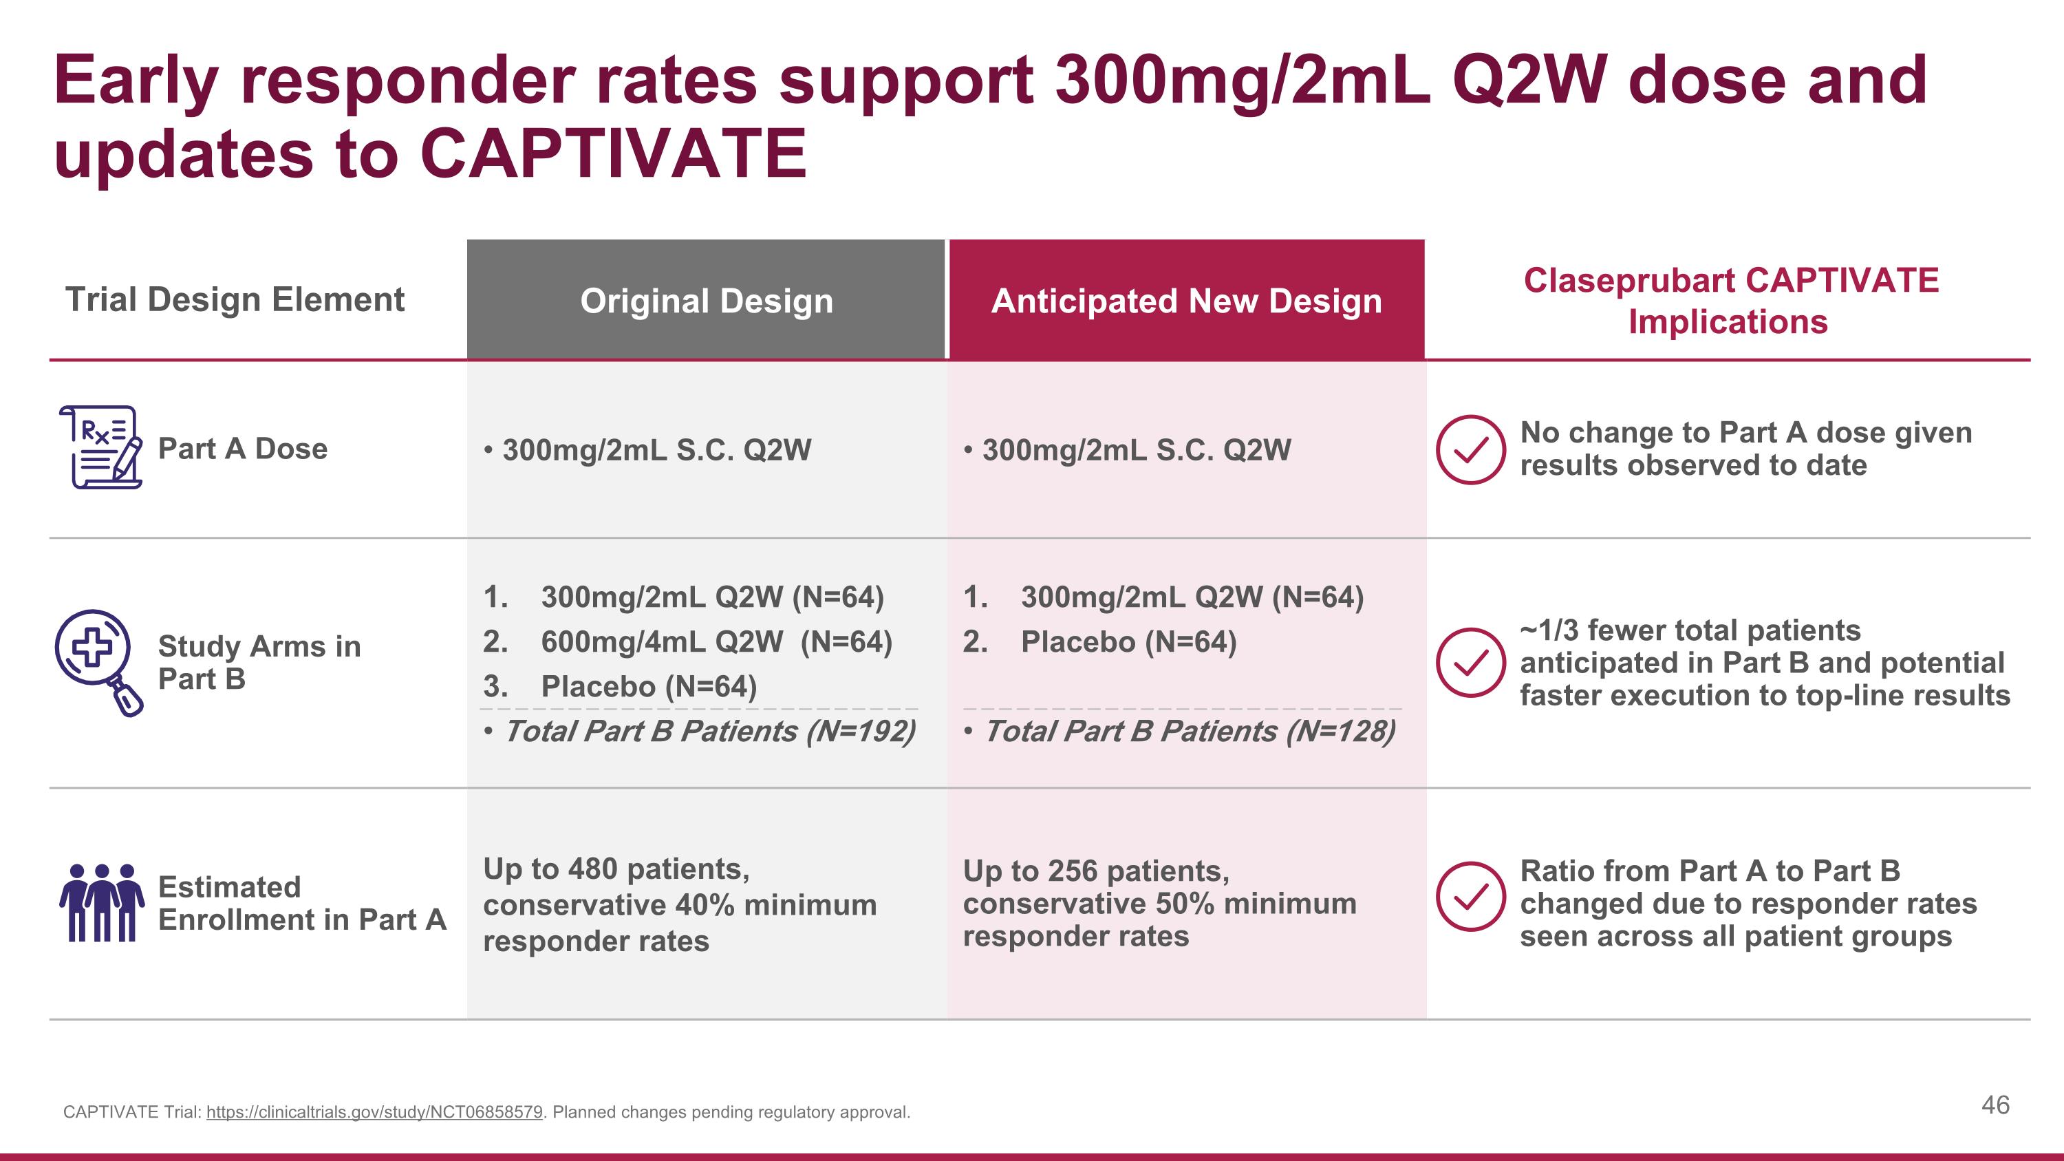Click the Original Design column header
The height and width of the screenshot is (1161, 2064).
coord(706,301)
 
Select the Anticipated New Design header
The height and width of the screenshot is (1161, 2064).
coord(1186,301)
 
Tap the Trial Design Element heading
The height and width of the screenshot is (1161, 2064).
coord(235,299)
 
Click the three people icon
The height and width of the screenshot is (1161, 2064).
coord(102,902)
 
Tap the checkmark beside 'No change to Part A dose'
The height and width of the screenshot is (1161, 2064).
coord(1470,449)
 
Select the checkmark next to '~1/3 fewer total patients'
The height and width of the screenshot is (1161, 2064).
coord(1470,662)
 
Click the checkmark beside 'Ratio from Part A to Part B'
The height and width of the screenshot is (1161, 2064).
coord(1470,897)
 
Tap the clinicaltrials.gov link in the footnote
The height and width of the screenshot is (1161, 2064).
coord(374,1112)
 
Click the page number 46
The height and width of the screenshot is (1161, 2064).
coord(1995,1105)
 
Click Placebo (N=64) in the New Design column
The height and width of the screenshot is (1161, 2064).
coord(1128,642)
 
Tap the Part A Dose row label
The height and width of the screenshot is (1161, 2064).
coord(242,449)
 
